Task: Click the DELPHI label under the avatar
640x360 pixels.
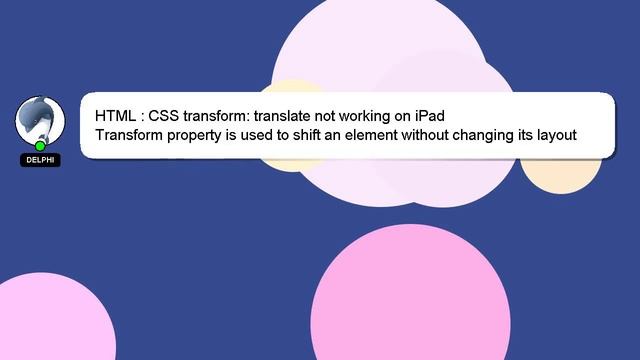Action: click(x=40, y=160)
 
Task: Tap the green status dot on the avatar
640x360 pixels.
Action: click(x=40, y=146)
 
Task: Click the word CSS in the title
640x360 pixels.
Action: click(x=165, y=116)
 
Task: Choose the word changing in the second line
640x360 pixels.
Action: click(x=514, y=135)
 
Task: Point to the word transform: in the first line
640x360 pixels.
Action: click(x=217, y=116)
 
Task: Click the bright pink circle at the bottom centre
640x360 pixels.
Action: click(x=412, y=300)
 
